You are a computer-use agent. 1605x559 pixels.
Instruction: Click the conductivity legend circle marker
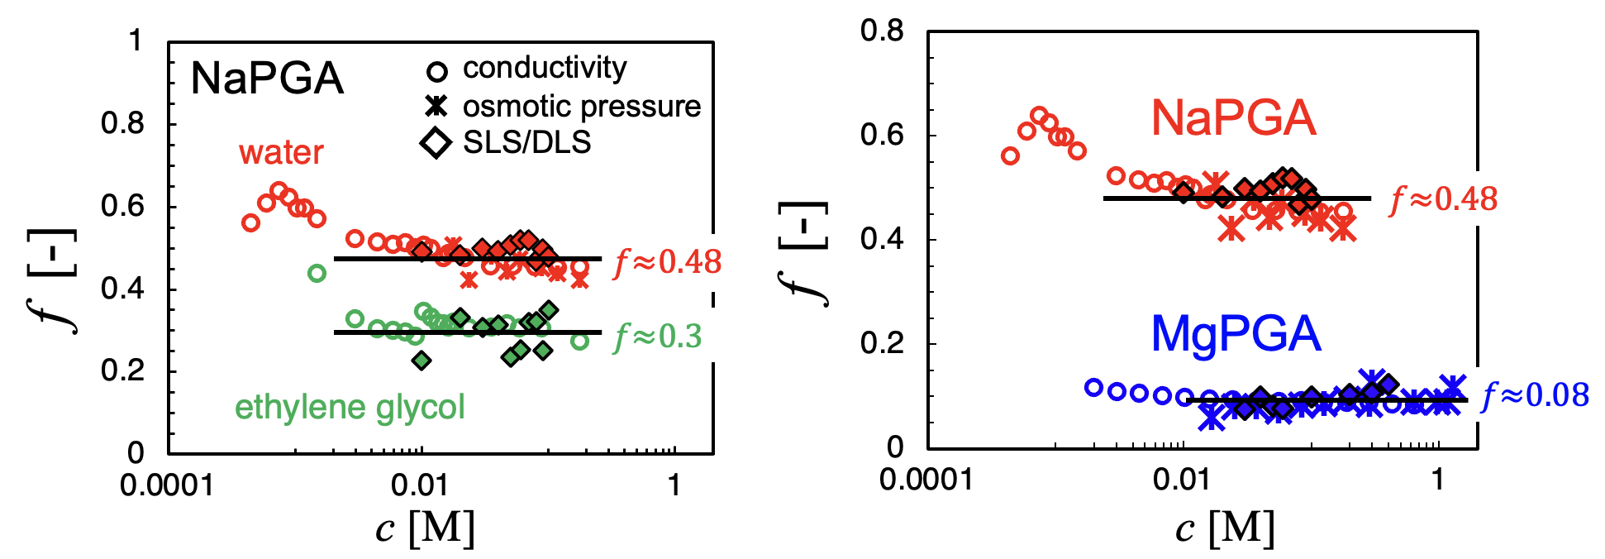[x=436, y=71]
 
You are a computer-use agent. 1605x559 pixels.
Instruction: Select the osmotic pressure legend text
[x=581, y=107]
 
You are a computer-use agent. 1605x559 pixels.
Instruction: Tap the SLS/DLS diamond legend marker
[x=436, y=142]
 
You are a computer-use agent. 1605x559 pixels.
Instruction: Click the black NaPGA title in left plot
[x=266, y=79]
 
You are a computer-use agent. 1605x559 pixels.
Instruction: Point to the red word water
[x=281, y=153]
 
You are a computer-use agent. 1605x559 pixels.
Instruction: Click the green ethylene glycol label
[x=350, y=408]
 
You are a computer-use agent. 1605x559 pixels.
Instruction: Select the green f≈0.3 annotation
[x=657, y=337]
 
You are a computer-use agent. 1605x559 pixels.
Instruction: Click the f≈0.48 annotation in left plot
[x=667, y=262]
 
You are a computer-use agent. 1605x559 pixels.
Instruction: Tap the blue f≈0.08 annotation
[x=1535, y=395]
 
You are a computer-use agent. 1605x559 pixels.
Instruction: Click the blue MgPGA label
[x=1236, y=334]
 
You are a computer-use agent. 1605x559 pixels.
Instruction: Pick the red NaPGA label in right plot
[x=1233, y=118]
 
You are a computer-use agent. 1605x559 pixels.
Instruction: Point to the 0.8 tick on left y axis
[x=122, y=124]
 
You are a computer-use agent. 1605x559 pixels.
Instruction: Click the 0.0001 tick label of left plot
[x=166, y=486]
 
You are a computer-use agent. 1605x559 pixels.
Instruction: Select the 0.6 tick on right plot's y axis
[x=882, y=135]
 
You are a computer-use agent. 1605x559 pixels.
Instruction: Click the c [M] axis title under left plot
[x=425, y=528]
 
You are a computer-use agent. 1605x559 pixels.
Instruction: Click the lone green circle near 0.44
[x=317, y=273]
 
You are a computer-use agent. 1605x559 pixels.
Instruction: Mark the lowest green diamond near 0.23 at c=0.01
[x=421, y=361]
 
